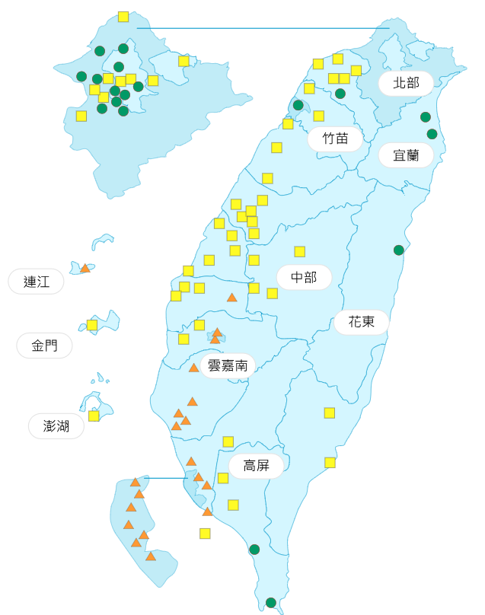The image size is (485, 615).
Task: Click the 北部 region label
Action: coord(406,83)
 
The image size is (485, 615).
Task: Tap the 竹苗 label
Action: coord(335,139)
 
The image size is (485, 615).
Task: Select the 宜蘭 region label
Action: coord(406,156)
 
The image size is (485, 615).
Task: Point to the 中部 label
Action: coord(304,278)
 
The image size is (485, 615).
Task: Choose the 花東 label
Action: coord(362,322)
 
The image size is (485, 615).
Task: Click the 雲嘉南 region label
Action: coord(228,366)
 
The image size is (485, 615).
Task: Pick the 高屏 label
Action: coord(256,466)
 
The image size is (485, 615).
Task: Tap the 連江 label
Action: coord(36,282)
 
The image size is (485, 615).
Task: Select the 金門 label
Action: coord(44,346)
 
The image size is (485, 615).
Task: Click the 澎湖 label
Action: coord(56,426)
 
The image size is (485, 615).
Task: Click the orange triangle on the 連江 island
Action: coord(85,268)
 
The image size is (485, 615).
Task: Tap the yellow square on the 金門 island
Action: coord(92,325)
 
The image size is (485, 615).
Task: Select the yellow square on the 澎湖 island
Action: coord(94,416)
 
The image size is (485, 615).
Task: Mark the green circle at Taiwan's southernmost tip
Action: coord(271,603)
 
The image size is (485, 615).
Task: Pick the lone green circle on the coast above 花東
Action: coord(398,250)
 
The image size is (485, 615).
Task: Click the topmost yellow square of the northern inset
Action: coord(123,17)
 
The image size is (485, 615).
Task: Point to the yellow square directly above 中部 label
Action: coord(300,251)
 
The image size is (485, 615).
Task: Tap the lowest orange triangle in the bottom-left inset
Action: coord(151,556)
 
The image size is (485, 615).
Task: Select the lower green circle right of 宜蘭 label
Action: coord(432,134)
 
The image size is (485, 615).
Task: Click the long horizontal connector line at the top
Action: coord(263,28)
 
